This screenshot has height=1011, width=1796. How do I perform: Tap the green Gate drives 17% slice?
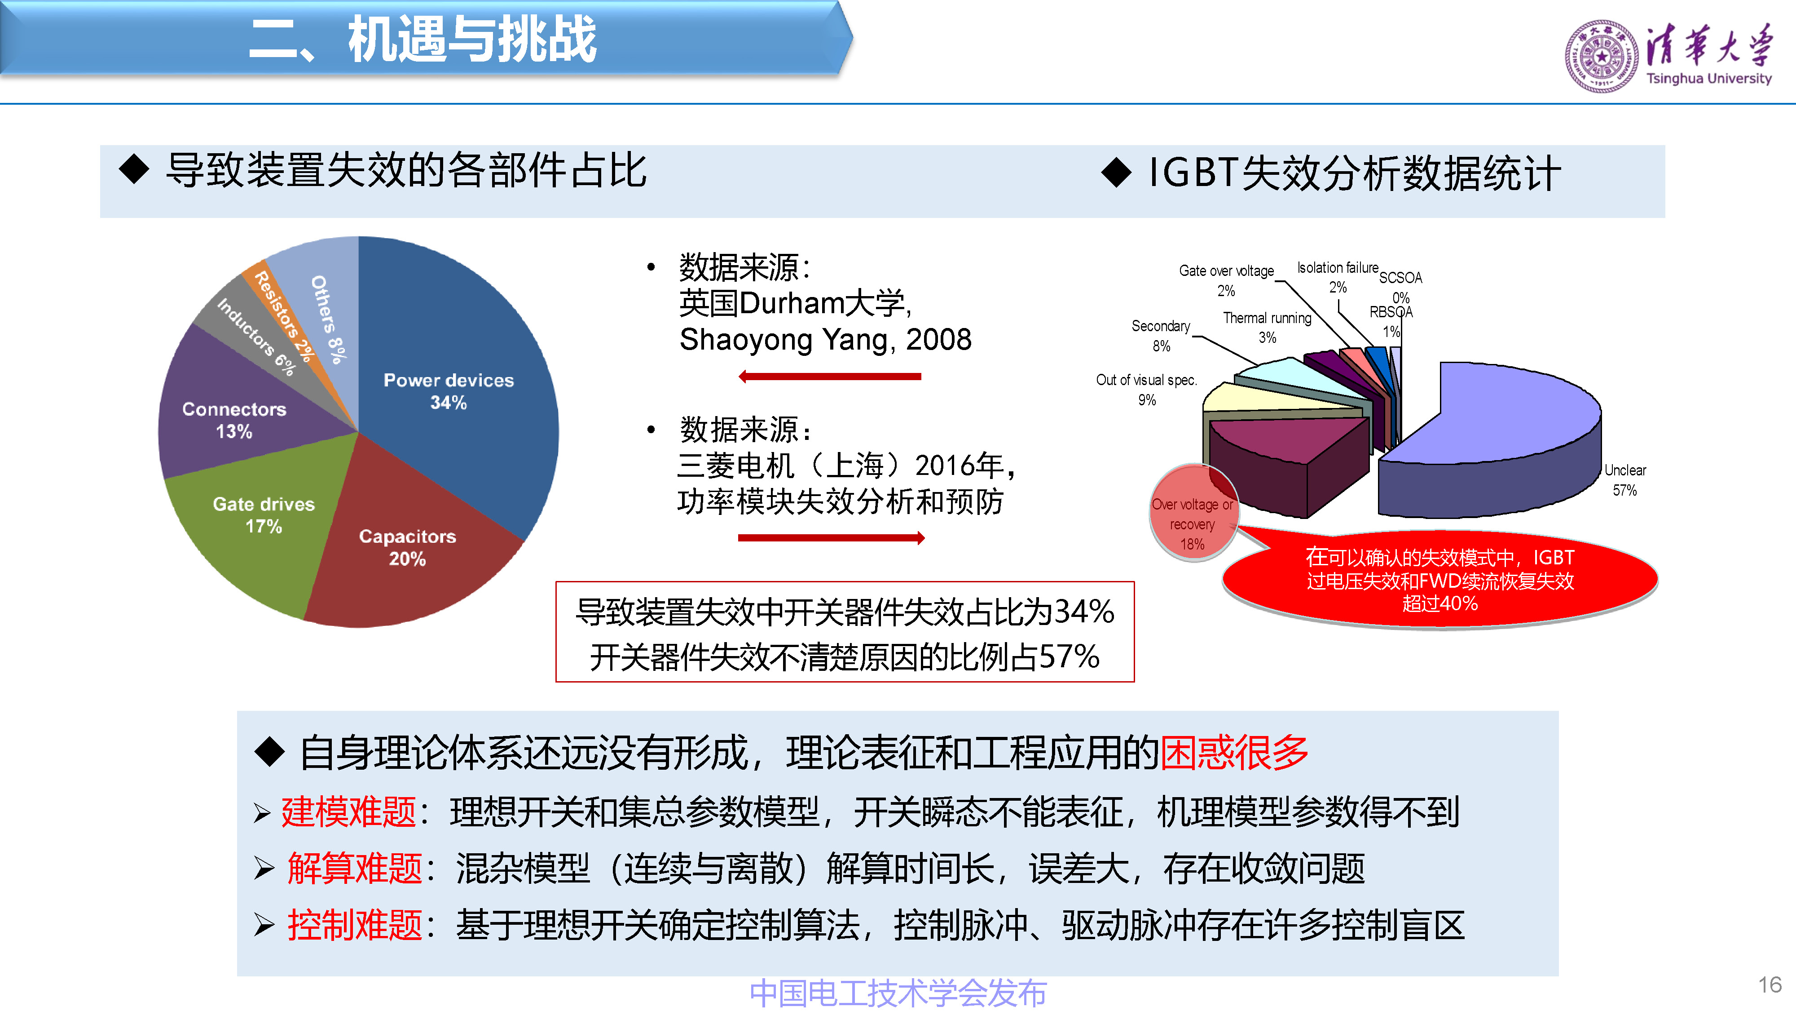click(x=258, y=523)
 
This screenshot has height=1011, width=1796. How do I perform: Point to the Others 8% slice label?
click(x=328, y=319)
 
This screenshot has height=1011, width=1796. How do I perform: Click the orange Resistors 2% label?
click(x=282, y=316)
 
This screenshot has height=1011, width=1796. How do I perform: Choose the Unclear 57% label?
click(x=1624, y=480)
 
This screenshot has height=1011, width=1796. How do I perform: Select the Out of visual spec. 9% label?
click(x=1146, y=389)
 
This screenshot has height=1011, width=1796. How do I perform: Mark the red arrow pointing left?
click(x=830, y=377)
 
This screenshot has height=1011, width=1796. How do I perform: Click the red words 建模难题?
click(x=348, y=812)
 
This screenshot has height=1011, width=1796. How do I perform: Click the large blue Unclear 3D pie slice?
click(x=1499, y=433)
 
